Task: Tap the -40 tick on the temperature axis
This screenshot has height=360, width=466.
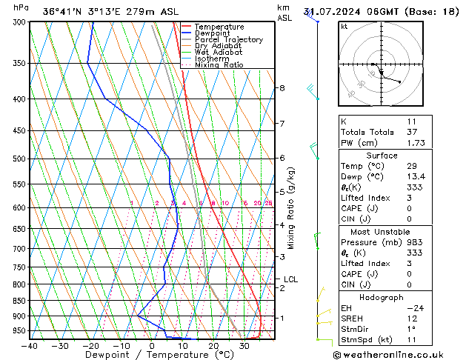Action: click(x=30, y=346)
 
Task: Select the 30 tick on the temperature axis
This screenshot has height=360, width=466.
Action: click(x=244, y=346)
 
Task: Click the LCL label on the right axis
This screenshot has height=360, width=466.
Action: click(x=290, y=279)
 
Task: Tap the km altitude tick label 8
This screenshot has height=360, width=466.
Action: click(x=282, y=88)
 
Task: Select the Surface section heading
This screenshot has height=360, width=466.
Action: click(x=382, y=156)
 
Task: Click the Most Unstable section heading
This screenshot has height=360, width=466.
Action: click(x=382, y=232)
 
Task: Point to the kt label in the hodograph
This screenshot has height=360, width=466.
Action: click(x=344, y=26)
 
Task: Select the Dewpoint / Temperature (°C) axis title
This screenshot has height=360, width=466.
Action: click(x=138, y=356)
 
